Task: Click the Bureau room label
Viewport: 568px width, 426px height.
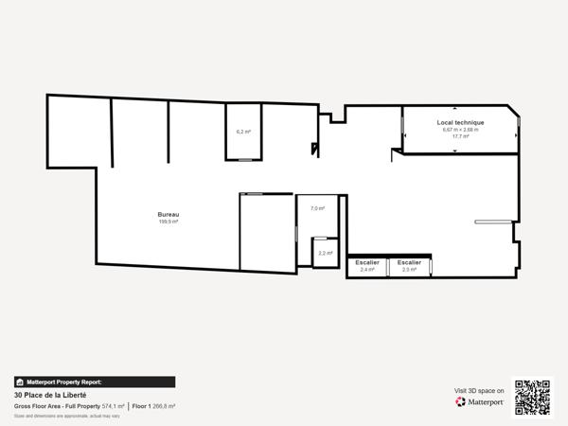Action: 169,215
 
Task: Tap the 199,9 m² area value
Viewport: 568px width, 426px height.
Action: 169,222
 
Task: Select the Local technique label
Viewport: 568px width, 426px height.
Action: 461,122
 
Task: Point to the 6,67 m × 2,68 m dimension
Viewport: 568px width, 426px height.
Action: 461,130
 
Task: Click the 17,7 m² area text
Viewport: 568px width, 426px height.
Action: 461,136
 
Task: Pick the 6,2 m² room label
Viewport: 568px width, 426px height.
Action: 243,132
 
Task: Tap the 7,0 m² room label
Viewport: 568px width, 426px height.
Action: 317,208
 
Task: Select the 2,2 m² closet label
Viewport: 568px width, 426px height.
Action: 325,253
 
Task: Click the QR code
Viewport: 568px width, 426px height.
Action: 532,397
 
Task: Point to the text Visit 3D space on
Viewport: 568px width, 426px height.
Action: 479,389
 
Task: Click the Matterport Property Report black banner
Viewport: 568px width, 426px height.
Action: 95,382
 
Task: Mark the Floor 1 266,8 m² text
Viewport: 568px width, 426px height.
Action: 153,405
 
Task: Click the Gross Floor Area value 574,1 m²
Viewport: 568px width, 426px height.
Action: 113,405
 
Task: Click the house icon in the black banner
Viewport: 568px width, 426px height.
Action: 20,382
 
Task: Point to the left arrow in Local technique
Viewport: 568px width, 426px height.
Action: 405,136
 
